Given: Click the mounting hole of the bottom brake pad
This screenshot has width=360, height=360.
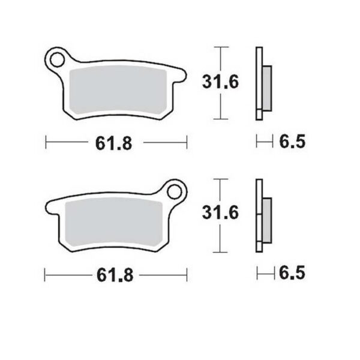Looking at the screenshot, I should click(x=176, y=193).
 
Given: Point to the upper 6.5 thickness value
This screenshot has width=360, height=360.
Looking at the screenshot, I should click(x=292, y=142).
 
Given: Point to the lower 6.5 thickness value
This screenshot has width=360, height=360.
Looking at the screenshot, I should click(x=292, y=274).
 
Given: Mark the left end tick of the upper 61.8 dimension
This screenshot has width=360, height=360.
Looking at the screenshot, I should click(x=47, y=142).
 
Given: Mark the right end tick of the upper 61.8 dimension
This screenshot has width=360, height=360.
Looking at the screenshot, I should click(x=187, y=142).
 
